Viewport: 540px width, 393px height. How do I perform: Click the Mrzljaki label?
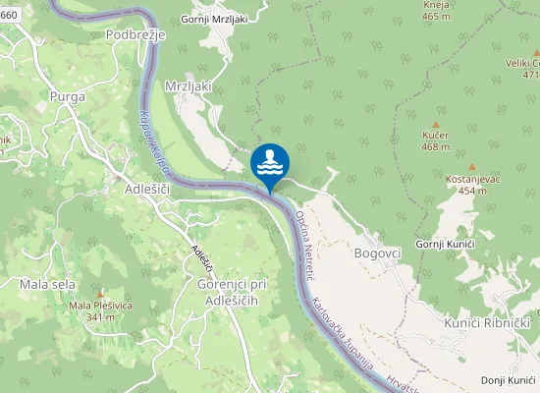(x=189, y=85)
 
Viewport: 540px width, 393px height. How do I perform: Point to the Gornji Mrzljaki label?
(x=215, y=19)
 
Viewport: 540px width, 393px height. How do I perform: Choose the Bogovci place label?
(x=377, y=253)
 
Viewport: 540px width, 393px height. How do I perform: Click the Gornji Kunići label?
(x=446, y=243)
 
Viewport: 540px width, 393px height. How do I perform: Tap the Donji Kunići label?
(x=508, y=380)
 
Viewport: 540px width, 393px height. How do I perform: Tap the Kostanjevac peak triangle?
(x=471, y=167)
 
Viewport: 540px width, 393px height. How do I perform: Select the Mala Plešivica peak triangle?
(x=100, y=293)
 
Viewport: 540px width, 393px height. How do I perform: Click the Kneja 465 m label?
(x=436, y=11)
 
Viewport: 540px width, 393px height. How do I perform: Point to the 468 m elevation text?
(x=435, y=146)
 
